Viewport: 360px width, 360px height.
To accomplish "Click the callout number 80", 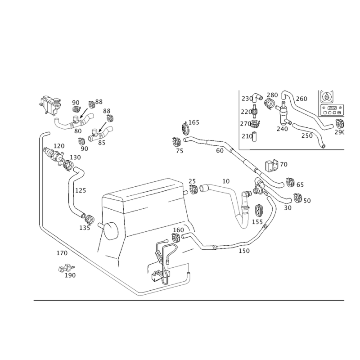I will [x=78, y=131].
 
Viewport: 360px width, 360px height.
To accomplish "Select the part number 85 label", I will [x=101, y=143].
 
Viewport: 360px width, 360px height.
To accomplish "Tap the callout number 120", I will [x=59, y=146].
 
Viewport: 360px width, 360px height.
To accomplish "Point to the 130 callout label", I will [x=76, y=157].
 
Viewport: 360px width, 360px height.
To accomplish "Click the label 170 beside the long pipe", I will [x=62, y=253].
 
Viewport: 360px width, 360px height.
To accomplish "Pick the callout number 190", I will [x=70, y=275].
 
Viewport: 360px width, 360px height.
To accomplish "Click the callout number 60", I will [x=220, y=151].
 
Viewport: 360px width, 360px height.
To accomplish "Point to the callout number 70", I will [x=283, y=165].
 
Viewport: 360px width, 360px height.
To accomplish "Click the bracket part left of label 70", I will [x=273, y=165].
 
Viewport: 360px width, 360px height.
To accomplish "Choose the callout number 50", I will [x=307, y=201].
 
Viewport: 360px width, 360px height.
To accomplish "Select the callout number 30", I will [x=288, y=207].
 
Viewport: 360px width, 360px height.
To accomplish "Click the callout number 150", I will [x=244, y=250].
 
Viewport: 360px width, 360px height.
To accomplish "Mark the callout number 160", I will [x=179, y=230].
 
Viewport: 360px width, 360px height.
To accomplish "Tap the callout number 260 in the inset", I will [x=301, y=99].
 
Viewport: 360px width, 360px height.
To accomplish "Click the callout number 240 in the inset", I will [x=283, y=129].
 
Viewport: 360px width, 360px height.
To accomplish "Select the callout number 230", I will [x=246, y=98].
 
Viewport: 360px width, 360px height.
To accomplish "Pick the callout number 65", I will [x=300, y=184].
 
